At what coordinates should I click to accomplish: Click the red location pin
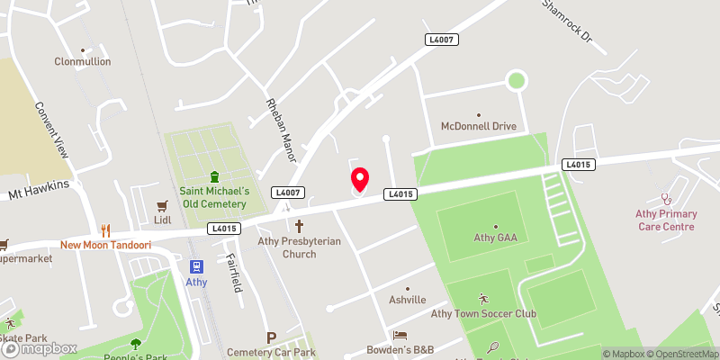[x=359, y=178]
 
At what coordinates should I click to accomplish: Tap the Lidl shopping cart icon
[x=163, y=205]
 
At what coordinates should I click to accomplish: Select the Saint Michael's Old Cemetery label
[x=214, y=196]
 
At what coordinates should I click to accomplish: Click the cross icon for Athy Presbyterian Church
[x=300, y=227]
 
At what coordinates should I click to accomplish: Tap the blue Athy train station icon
[x=196, y=265]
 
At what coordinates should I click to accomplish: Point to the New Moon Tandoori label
[x=105, y=245]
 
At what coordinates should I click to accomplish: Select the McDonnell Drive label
[x=478, y=126]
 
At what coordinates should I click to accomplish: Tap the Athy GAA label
[x=495, y=238]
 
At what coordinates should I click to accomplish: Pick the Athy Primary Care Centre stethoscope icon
[x=666, y=198]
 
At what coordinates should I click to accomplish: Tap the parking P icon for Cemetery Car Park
[x=272, y=337]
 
